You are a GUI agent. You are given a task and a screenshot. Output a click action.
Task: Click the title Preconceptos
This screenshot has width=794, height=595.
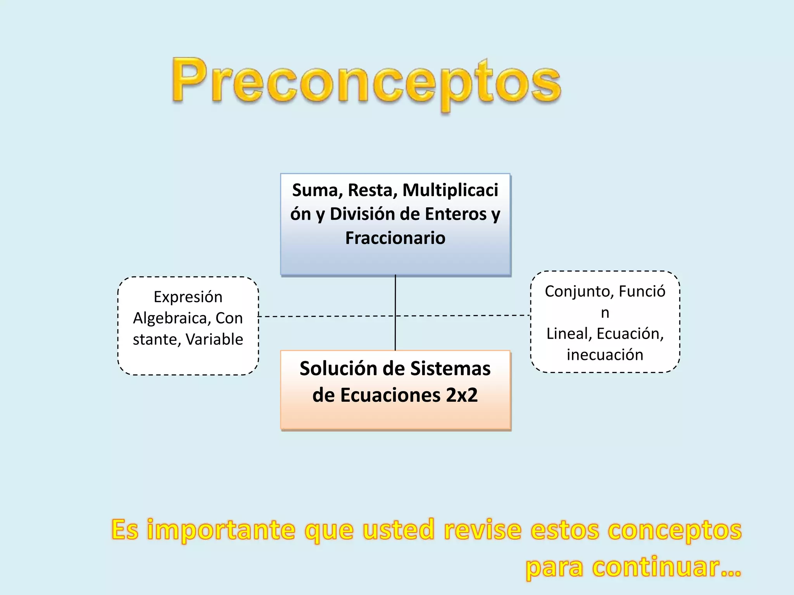[366, 83]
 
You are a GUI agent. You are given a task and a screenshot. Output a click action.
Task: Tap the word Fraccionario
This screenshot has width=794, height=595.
[395, 238]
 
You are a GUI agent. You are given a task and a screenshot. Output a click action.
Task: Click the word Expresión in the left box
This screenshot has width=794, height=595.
[188, 297]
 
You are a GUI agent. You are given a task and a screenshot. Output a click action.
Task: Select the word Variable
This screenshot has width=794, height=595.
[214, 339]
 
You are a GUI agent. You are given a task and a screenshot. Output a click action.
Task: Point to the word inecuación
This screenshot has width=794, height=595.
[605, 355]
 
